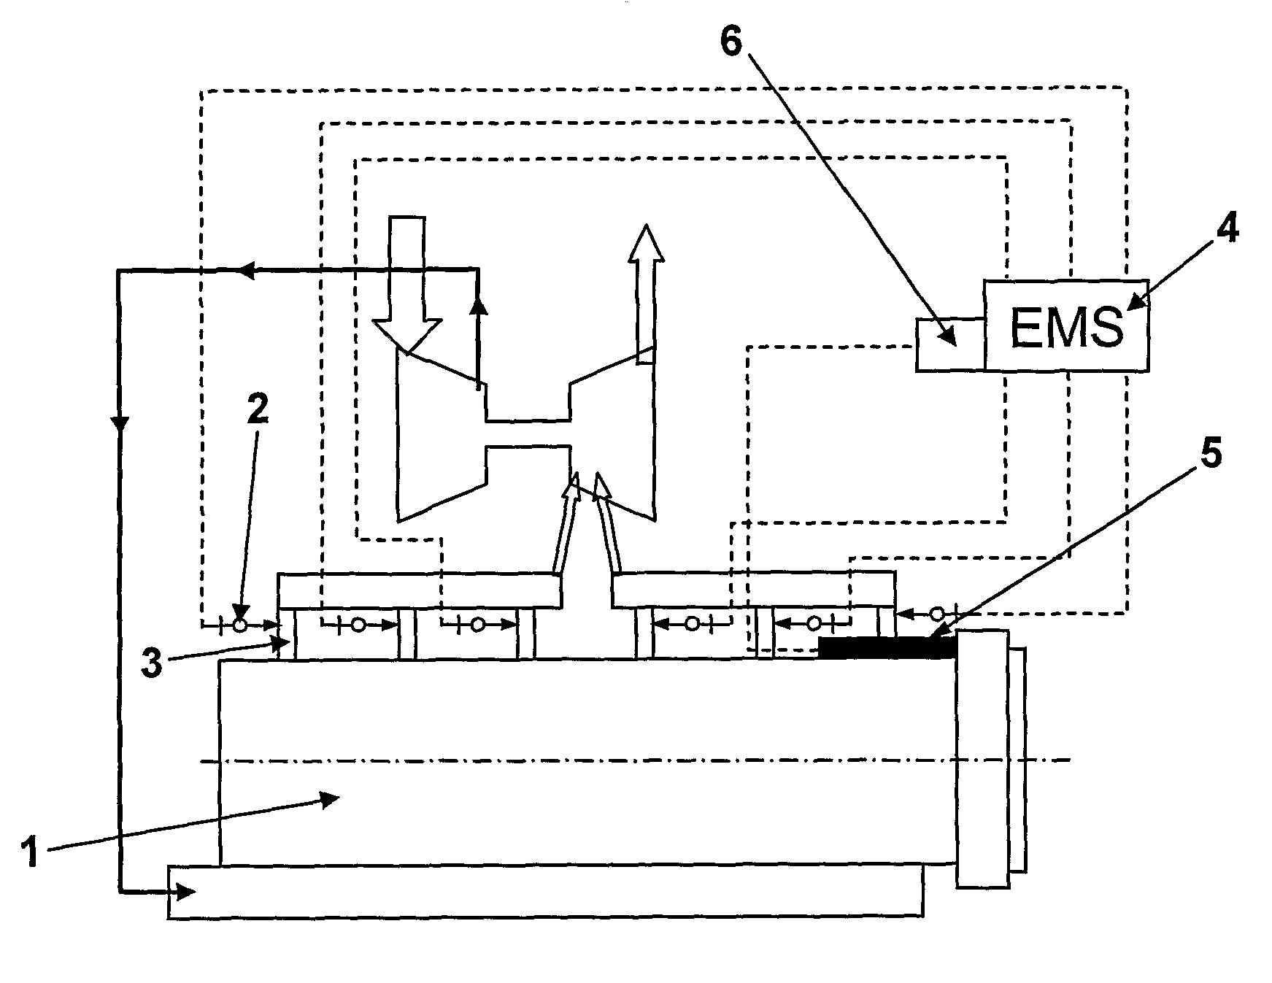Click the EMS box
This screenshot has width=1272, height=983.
[x=1065, y=325]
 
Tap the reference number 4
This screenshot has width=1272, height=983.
[x=1226, y=231]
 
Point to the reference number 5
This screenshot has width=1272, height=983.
[x=1209, y=455]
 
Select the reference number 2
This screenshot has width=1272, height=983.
[x=257, y=410]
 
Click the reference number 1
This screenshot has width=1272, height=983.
[x=30, y=852]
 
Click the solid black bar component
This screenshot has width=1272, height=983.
[x=886, y=647]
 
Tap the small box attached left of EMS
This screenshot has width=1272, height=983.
[x=949, y=344]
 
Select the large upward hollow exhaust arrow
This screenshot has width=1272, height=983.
[x=644, y=292]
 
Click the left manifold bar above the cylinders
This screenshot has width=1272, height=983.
[x=419, y=590]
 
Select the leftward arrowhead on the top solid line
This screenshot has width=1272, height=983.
[x=246, y=271]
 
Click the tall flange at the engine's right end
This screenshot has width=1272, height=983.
[x=983, y=759]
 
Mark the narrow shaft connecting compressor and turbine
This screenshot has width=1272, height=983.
[x=528, y=433]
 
